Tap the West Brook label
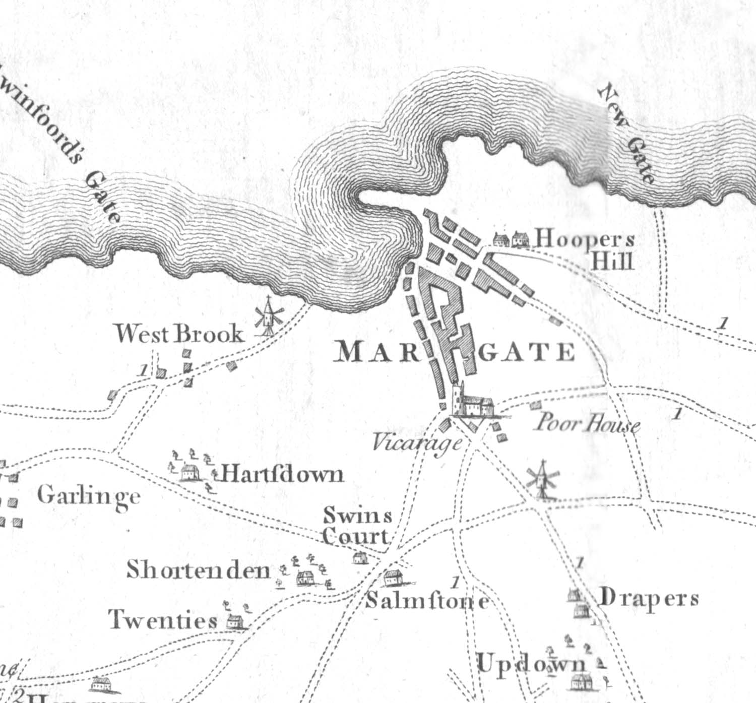pos(179,334)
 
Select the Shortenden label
pos(198,570)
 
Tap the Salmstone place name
pos(427,601)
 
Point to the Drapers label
pos(649,599)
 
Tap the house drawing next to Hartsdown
pos(188,472)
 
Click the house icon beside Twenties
pos(234,621)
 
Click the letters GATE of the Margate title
pos(527,352)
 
